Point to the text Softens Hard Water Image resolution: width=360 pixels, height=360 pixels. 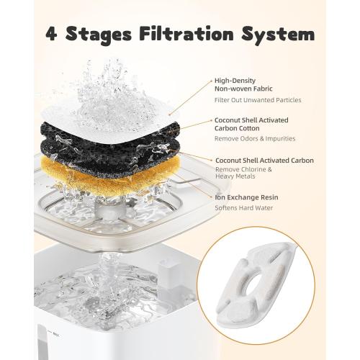[x=243, y=208]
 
